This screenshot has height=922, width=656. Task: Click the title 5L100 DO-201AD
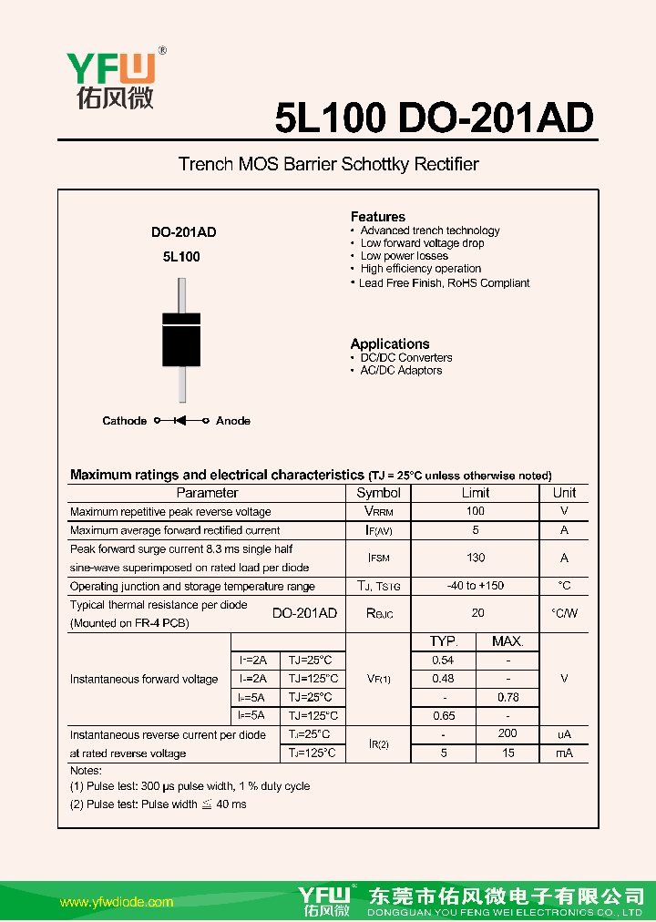click(434, 117)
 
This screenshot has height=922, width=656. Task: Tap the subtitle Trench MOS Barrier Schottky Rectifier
click(328, 164)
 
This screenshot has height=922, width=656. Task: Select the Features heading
click(377, 217)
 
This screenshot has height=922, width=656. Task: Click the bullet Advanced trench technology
click(429, 230)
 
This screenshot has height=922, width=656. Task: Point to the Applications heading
click(389, 343)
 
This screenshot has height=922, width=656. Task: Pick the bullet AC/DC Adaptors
click(401, 371)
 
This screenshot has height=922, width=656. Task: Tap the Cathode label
click(124, 421)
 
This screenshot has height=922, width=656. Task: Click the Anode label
click(233, 421)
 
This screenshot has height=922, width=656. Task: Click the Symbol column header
click(378, 493)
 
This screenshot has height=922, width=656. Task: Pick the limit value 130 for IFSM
click(476, 558)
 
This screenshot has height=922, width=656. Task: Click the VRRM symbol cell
click(378, 512)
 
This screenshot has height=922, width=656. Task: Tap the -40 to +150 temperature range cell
click(476, 586)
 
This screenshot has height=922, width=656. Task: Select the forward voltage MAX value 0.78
click(507, 697)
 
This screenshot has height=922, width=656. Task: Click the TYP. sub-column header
click(443, 641)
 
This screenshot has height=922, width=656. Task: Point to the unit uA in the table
click(564, 734)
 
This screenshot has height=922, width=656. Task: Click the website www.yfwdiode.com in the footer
click(117, 902)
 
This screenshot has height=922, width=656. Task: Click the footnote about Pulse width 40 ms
click(159, 804)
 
